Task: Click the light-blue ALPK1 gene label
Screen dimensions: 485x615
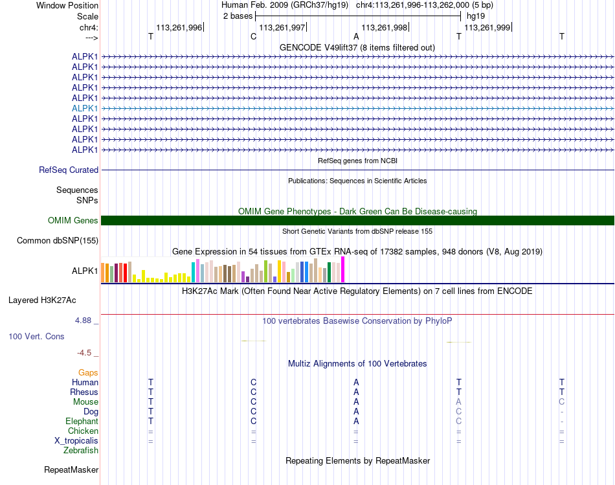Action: (85, 108)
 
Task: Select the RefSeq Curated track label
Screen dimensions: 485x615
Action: (69, 170)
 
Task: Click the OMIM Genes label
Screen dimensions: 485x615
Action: (73, 221)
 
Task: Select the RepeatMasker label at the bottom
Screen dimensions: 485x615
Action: (71, 469)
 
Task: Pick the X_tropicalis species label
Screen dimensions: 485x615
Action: (76, 441)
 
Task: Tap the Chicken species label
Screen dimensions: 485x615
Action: (83, 431)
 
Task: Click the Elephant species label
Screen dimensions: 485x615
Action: (82, 422)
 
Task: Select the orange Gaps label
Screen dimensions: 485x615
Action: (88, 373)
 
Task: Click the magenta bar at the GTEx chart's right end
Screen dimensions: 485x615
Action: (343, 269)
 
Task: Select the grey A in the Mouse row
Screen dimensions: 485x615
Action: (458, 402)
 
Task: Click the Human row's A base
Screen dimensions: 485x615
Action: (356, 383)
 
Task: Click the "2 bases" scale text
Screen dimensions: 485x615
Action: (238, 16)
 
